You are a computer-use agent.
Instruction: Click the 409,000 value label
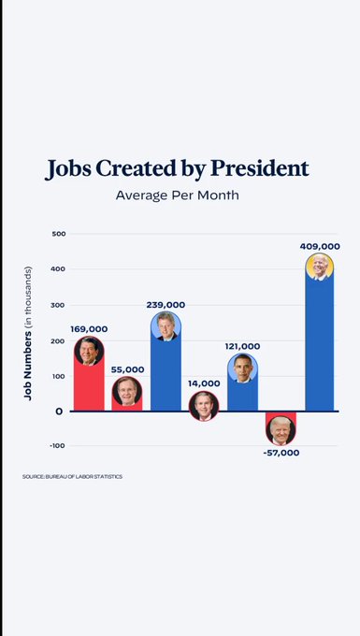pos(320,246)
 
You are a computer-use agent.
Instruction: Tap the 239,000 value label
pos(166,305)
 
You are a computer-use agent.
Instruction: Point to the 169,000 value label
pos(89,329)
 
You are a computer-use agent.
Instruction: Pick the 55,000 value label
pos(126,370)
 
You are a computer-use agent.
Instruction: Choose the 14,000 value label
pos(203,383)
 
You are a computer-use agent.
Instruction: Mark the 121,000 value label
pos(242,346)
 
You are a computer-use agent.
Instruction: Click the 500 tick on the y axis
pos(58,234)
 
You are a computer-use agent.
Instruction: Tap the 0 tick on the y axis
pos(59,411)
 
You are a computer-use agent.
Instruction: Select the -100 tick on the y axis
pos(56,446)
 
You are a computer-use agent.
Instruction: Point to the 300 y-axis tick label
pos(58,305)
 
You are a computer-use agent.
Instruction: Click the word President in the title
pos(259,169)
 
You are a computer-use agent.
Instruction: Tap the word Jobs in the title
pos(72,169)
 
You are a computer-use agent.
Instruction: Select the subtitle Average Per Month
pos(178,195)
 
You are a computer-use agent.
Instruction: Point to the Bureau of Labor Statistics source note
pos(72,477)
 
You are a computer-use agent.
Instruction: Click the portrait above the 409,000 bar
pos(320,267)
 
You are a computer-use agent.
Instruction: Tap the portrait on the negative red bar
pos(281,430)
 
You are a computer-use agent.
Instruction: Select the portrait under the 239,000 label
pos(166,325)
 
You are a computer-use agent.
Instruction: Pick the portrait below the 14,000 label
pos(203,405)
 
